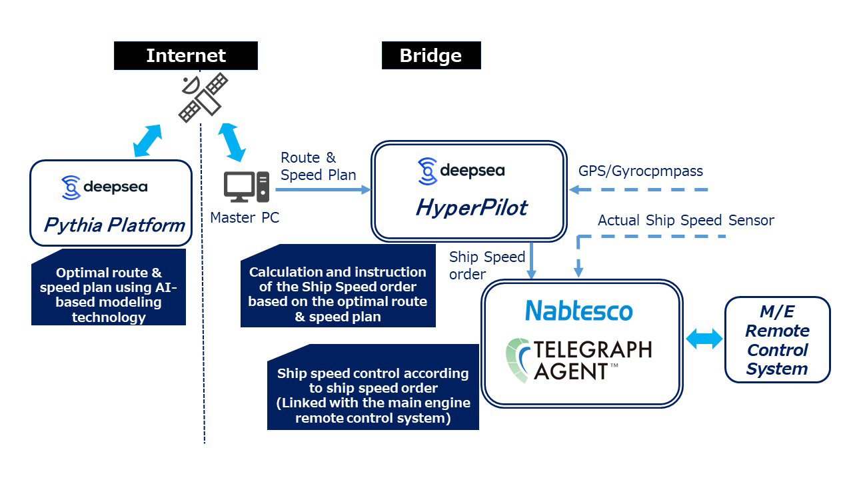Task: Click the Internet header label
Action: pyautogui.click(x=186, y=55)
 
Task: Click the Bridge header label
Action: pyautogui.click(x=430, y=55)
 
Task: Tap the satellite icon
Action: pyautogui.click(x=203, y=98)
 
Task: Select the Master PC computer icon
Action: pyautogui.click(x=247, y=187)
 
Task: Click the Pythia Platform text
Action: pyautogui.click(x=114, y=225)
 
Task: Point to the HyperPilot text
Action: pyautogui.click(x=471, y=208)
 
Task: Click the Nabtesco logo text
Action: pyautogui.click(x=578, y=311)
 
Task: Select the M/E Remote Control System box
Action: pyautogui.click(x=777, y=340)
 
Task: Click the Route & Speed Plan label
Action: pyautogui.click(x=318, y=166)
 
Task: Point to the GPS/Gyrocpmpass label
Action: pyautogui.click(x=640, y=171)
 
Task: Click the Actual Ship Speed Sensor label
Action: pyautogui.click(x=686, y=220)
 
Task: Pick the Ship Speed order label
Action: pyautogui.click(x=487, y=265)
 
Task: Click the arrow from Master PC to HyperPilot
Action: pyautogui.click(x=323, y=189)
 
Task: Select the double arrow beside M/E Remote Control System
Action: pyautogui.click(x=704, y=339)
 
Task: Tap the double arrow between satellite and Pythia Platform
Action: pyautogui.click(x=147, y=140)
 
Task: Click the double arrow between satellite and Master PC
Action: pyautogui.click(x=233, y=141)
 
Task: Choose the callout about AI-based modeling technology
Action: pyautogui.click(x=109, y=294)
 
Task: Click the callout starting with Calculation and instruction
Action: pyautogui.click(x=338, y=294)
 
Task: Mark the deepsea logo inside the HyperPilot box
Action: pyautogui.click(x=460, y=171)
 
